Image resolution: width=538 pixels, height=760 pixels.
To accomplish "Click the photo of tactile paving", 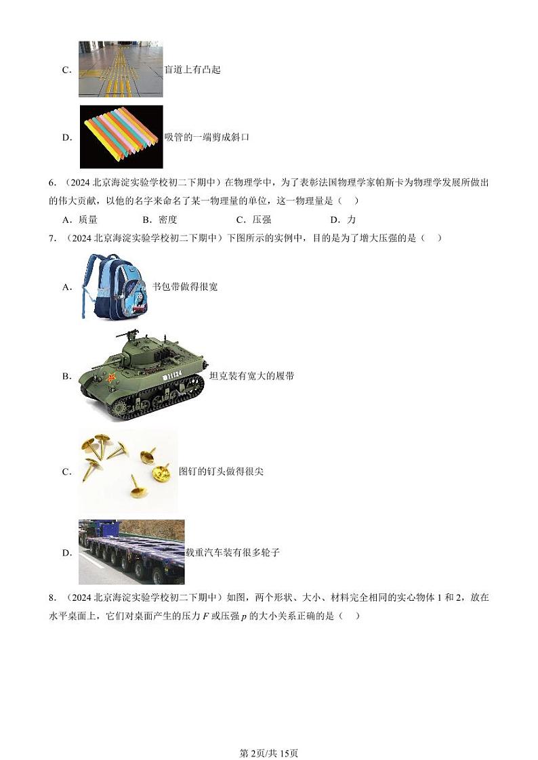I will (121, 69).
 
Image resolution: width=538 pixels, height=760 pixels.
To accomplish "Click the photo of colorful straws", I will (121, 136).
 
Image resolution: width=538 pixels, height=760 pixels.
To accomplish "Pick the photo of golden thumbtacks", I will (127, 470).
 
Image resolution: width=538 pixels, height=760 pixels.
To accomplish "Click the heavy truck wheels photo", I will (131, 552).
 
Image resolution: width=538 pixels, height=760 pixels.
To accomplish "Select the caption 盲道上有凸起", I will (192, 70).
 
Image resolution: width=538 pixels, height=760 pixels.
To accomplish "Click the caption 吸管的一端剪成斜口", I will (207, 138).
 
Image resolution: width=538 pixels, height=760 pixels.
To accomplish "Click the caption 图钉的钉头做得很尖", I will (221, 471).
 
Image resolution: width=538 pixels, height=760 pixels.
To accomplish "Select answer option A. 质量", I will (79, 219).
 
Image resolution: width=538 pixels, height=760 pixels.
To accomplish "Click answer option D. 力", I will (342, 219).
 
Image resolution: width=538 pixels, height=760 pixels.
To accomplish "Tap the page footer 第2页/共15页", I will (269, 734).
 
